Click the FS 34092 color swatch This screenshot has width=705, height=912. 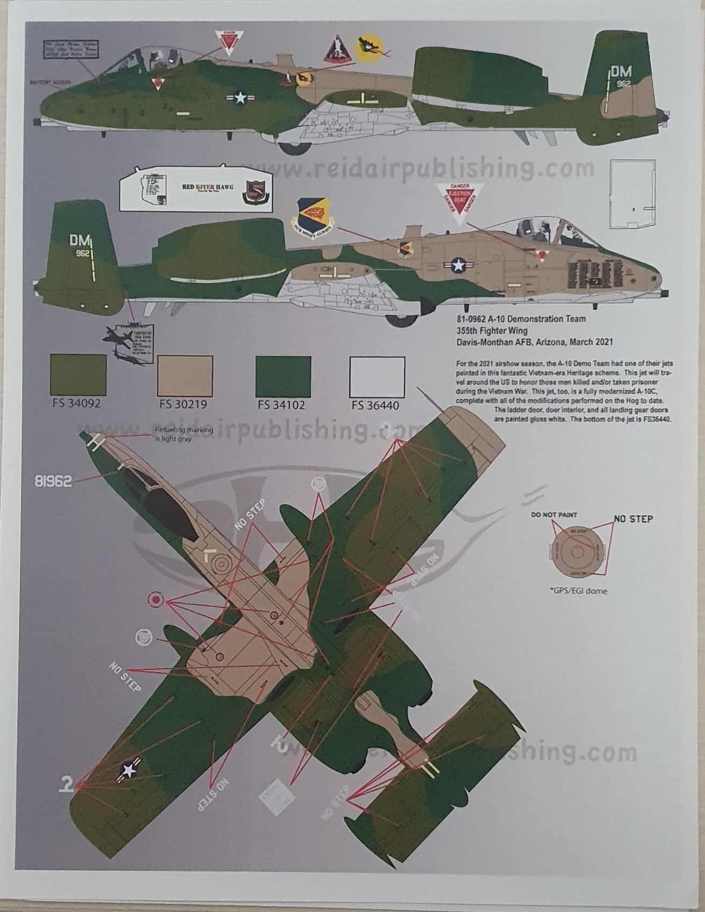(x=78, y=375)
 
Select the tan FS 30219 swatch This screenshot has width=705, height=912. (x=185, y=375)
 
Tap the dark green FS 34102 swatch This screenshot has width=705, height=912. (x=283, y=375)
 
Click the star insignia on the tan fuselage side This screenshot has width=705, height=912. (x=458, y=265)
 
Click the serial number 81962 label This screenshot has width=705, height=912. (x=53, y=481)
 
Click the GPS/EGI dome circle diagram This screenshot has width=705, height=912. (x=577, y=553)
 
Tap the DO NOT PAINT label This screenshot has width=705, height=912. (x=554, y=515)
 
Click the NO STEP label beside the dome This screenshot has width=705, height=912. (x=634, y=519)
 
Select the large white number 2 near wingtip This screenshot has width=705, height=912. (x=66, y=785)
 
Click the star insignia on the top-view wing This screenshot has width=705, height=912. (x=129, y=770)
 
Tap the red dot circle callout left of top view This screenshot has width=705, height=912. (x=156, y=599)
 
